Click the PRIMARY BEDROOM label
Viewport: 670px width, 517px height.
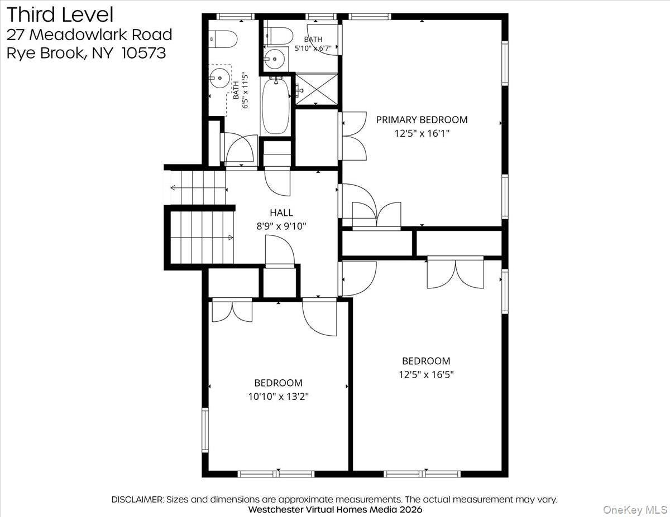(422, 119)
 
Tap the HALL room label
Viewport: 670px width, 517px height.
(281, 212)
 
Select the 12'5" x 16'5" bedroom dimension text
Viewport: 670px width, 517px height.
(426, 375)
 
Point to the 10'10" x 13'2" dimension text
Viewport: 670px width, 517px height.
(279, 397)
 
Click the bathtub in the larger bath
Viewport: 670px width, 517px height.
(276, 105)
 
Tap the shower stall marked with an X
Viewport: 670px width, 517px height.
(317, 89)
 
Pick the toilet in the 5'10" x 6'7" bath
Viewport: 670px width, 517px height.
(279, 36)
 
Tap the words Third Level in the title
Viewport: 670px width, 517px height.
(60, 15)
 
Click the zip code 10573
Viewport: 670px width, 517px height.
(143, 53)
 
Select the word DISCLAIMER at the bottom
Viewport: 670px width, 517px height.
(137, 499)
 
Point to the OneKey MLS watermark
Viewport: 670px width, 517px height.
(635, 510)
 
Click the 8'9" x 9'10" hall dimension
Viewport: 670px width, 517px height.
(281, 226)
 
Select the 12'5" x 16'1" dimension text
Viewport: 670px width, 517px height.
(422, 133)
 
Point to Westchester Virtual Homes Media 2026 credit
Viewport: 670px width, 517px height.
(335, 509)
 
